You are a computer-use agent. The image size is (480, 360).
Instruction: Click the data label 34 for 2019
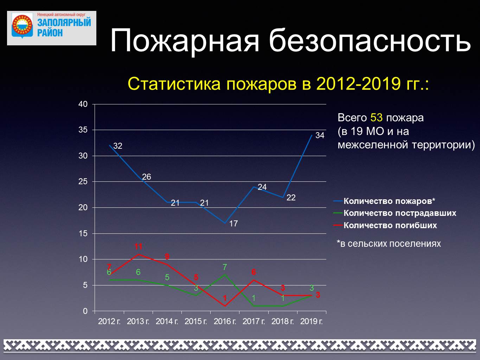click(320, 135)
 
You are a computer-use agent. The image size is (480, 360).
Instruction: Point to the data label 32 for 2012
click(118, 146)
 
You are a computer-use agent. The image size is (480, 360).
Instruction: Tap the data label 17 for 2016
click(233, 224)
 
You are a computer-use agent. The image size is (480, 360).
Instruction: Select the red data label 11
click(138, 246)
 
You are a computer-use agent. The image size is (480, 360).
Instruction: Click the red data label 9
click(167, 257)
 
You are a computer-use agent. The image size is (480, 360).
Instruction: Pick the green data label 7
click(225, 267)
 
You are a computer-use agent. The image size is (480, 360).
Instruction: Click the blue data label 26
click(147, 177)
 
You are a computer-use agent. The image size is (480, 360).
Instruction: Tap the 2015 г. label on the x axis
click(196, 322)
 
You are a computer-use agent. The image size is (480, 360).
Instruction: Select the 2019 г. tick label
click(312, 322)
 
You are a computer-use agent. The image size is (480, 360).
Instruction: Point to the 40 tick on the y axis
click(83, 104)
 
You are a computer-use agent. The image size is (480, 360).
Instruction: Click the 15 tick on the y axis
click(83, 234)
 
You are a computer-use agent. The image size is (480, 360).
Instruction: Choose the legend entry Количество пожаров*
click(384, 201)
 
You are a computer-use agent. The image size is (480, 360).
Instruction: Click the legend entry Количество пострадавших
click(395, 213)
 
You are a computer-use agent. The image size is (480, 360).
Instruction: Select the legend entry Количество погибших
click(385, 225)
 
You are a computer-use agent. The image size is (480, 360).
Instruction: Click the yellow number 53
click(376, 118)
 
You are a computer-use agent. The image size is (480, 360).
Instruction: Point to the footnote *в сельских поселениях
click(389, 244)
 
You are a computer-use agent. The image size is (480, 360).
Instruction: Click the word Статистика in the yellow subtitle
click(174, 84)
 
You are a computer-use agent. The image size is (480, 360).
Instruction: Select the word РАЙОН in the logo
click(50, 33)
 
